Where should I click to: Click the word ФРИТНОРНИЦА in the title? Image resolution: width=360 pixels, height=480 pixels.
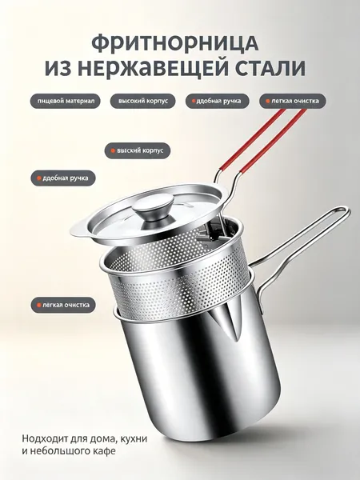pos(175,43)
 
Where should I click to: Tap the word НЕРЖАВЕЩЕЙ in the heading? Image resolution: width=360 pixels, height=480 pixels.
pos(155,69)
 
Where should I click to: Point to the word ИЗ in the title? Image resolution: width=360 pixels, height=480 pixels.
pos(60,69)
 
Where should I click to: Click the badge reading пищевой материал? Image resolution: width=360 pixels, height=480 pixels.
pos(66,101)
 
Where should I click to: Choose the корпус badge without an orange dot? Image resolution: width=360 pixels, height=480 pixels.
pos(143,101)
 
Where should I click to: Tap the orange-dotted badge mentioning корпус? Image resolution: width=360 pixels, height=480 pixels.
pos(137,150)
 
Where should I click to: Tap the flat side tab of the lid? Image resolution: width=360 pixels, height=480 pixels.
pos(79,230)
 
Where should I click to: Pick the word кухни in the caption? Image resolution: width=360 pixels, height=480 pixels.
pos(134,438)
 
